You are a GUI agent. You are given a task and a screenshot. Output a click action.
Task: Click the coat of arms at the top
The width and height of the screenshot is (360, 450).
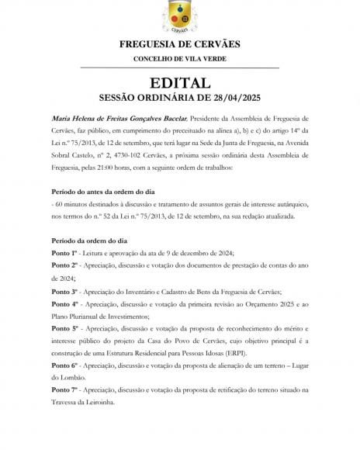(180, 16)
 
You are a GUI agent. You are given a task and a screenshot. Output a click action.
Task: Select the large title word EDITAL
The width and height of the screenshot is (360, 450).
(180, 83)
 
